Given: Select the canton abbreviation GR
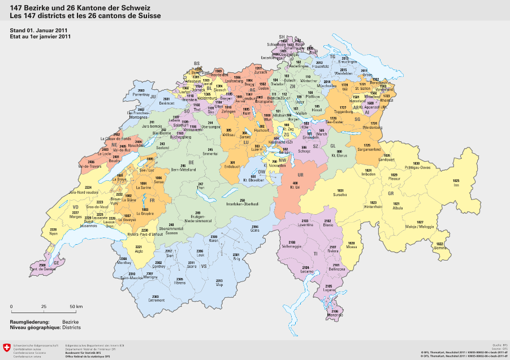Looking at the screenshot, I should [x=390, y=193].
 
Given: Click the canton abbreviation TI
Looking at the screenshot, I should [x=315, y=254].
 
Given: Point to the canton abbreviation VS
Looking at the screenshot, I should [x=204, y=266].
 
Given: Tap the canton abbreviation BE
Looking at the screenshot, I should [x=191, y=162].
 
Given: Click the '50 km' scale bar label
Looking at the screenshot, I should [x=76, y=306].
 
